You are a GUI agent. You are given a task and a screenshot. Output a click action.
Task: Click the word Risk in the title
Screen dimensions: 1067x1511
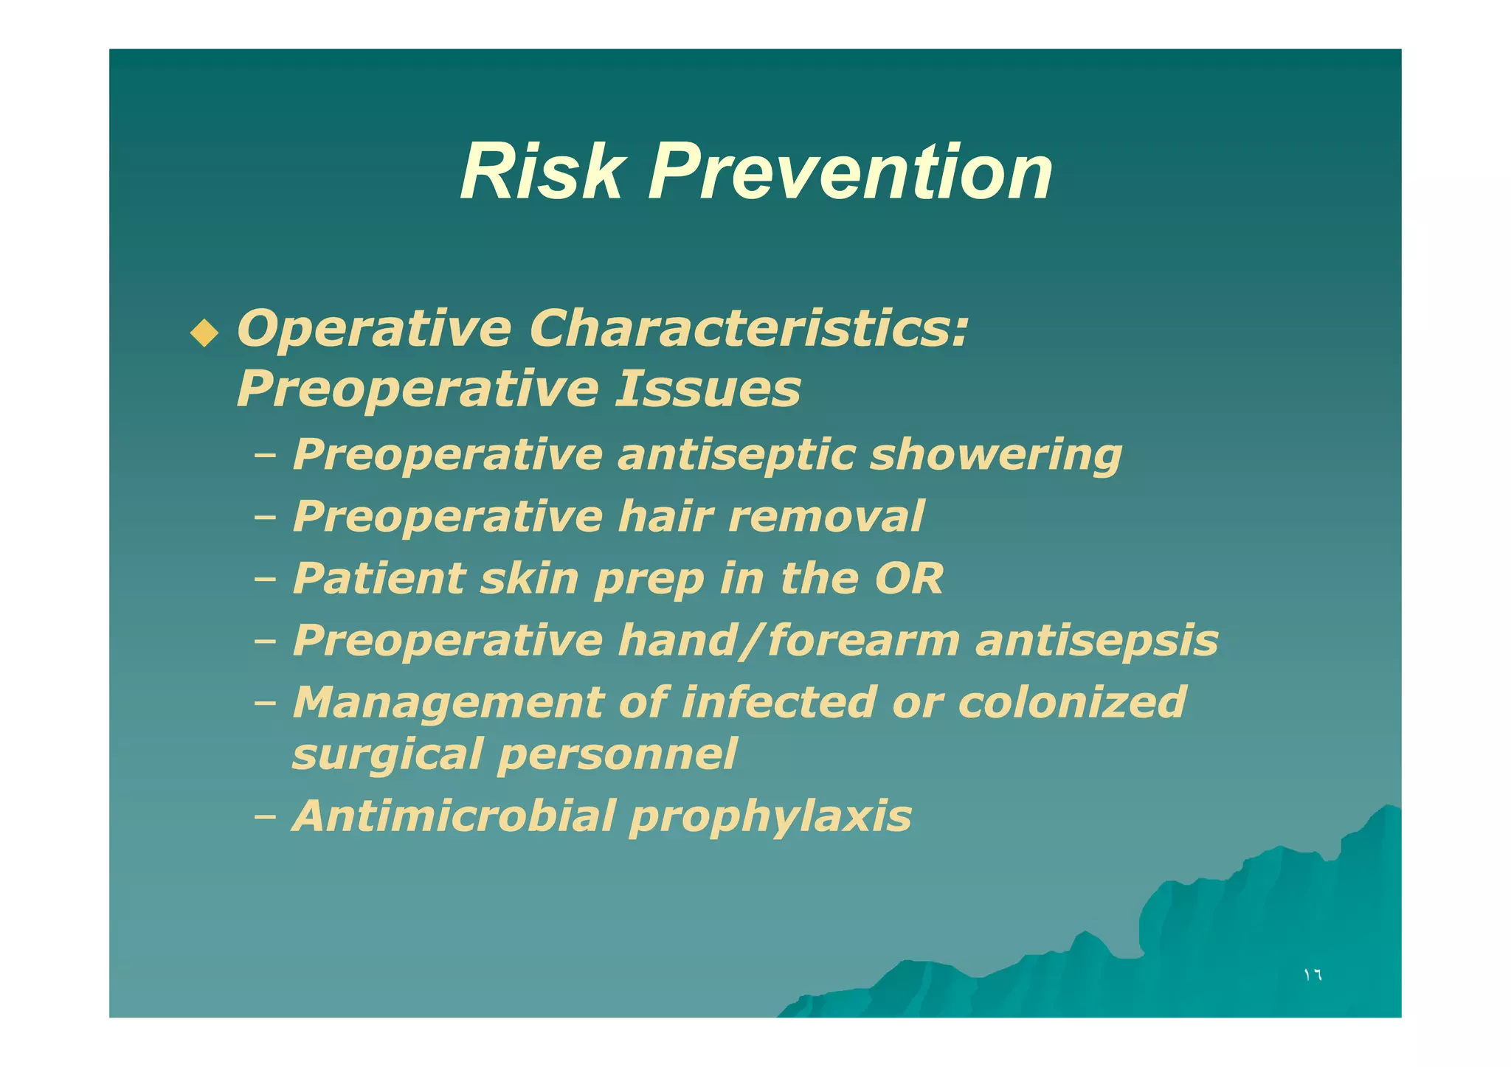pos(542,173)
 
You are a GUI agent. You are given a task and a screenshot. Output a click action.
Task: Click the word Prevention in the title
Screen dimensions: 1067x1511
pos(850,173)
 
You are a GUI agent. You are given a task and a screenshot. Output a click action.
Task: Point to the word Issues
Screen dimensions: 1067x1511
pos(708,389)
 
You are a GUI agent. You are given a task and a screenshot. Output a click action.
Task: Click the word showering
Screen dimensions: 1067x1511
pos(996,455)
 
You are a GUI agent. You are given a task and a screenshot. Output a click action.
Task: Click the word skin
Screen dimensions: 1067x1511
pos(529,578)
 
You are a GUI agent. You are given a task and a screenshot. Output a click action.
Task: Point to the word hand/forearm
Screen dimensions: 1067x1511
pos(789,640)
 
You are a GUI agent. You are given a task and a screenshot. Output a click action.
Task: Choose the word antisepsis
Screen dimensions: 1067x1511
pos(1096,640)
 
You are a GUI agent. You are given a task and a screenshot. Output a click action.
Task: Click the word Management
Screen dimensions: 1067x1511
pos(448,703)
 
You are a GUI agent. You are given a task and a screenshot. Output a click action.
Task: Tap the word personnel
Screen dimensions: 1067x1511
pos(617,755)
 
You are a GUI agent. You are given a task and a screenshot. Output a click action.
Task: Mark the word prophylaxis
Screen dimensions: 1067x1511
pos(770,818)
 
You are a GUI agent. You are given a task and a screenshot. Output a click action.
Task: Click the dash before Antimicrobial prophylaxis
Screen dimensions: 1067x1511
pos(264,817)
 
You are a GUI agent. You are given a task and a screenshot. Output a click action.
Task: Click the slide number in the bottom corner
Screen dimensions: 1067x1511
pos(1313,975)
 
